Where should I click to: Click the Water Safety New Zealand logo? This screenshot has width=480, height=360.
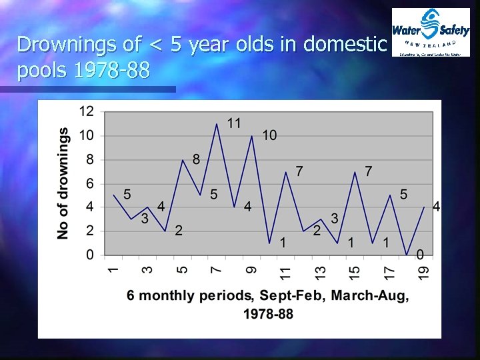point(431,32)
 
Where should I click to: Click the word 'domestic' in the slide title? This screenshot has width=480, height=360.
point(345,45)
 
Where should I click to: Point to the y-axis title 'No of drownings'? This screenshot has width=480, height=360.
point(63,183)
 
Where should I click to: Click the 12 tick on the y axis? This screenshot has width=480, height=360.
point(86,111)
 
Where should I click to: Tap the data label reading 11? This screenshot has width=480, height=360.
point(234,123)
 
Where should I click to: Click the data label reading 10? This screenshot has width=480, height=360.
point(269,135)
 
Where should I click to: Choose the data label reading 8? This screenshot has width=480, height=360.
point(196,159)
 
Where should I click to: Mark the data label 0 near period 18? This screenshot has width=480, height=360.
point(420,254)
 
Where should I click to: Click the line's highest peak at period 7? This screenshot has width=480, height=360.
point(217,124)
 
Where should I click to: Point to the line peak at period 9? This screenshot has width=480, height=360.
point(251,136)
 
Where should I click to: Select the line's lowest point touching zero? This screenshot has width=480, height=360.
point(407,255)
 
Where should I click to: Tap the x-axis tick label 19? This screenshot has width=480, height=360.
point(424,273)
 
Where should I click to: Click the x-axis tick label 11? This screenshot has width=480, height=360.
point(285,273)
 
